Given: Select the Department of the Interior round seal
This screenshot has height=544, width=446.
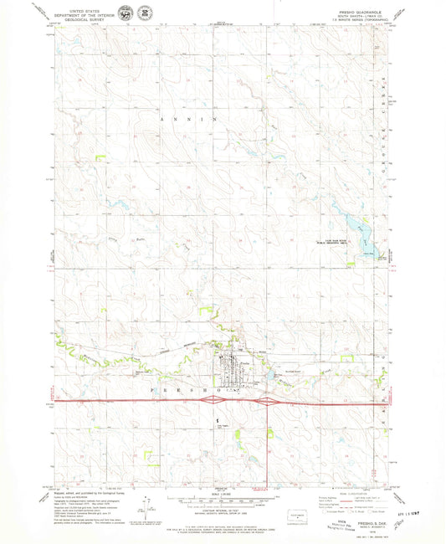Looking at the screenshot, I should [125, 14].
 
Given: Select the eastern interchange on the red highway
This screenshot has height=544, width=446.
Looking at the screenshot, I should [267, 402].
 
